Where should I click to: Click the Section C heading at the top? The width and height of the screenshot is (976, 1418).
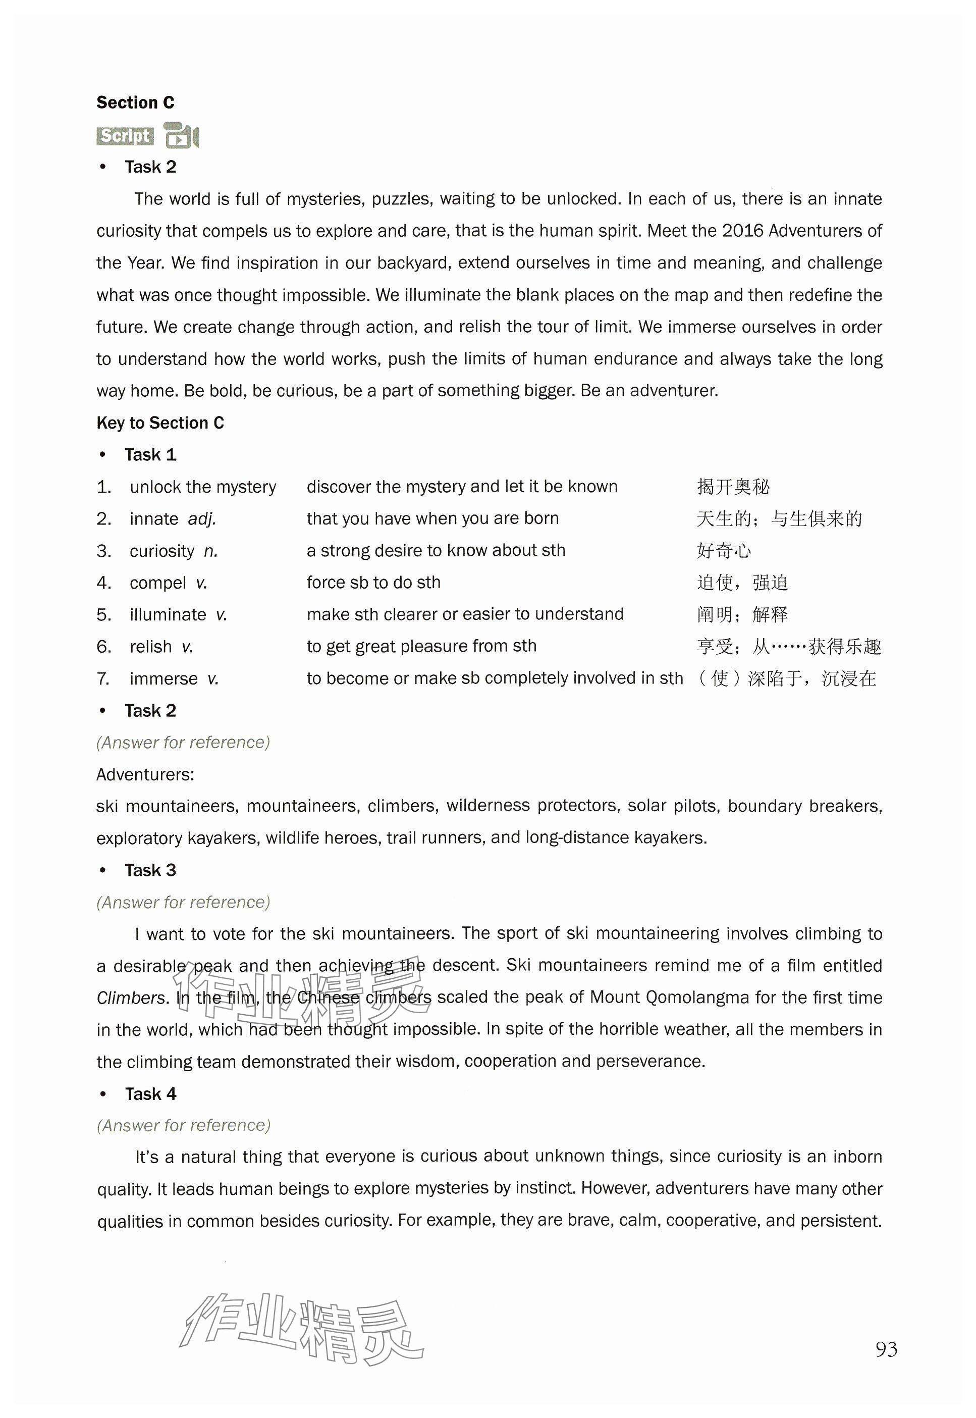tap(135, 103)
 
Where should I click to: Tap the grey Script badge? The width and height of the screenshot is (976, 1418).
tap(125, 136)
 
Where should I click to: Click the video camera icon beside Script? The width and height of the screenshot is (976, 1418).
tap(182, 136)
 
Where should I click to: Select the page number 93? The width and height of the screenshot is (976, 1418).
tap(886, 1349)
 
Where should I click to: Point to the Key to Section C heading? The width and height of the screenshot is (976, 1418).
tap(160, 423)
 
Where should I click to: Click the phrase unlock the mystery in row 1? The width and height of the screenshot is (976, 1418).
tap(202, 487)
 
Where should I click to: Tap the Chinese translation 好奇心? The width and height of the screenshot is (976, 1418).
tap(724, 551)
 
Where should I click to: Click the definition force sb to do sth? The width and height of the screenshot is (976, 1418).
tap(373, 583)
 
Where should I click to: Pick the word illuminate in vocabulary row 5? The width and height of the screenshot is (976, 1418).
tap(168, 615)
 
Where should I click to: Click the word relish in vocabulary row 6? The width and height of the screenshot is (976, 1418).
tap(150, 647)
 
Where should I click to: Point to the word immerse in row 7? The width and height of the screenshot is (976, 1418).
tap(164, 678)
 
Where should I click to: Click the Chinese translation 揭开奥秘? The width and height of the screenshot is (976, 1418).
tap(733, 487)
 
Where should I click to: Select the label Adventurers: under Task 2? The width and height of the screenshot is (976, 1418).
tap(145, 774)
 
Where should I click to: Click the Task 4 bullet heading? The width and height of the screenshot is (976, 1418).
tap(150, 1094)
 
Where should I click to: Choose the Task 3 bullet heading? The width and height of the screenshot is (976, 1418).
tap(150, 870)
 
